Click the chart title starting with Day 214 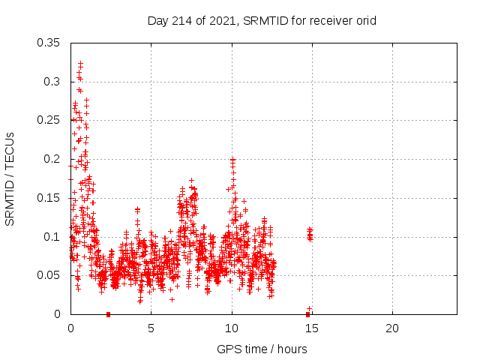point(262,20)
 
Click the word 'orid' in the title point(364,20)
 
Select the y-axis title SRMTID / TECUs point(10,178)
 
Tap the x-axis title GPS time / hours point(262,349)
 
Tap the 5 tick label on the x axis point(151,328)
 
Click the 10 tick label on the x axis point(232,328)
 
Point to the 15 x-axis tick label point(312,328)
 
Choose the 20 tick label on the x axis point(392,328)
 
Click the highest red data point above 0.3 point(80,64)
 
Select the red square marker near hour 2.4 point(109,314)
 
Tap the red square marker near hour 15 point(308,314)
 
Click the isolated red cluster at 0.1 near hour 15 point(310,235)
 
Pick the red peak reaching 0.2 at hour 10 point(232,160)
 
